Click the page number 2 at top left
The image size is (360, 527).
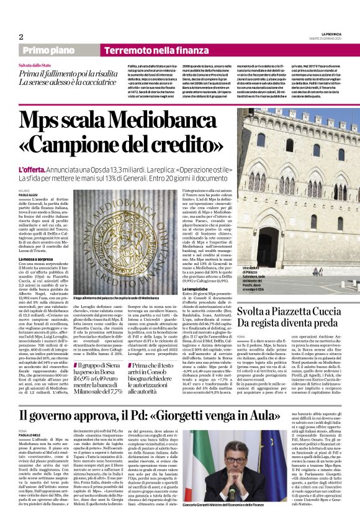(x=21, y=37)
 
